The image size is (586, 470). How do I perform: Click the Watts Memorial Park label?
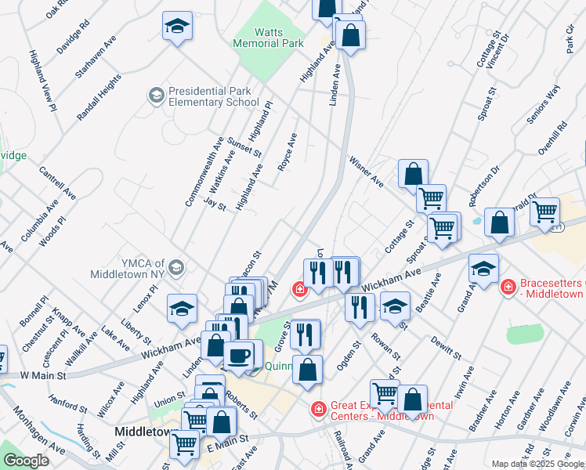(x=268, y=38)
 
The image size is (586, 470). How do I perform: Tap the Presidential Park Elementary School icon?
(x=156, y=96)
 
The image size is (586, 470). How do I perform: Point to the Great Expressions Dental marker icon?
(x=318, y=409)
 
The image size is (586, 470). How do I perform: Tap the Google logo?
(x=26, y=461)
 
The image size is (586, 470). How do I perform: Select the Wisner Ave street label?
(x=367, y=171)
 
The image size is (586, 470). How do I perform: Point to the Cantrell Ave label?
(x=57, y=182)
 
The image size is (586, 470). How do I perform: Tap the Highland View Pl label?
(x=43, y=81)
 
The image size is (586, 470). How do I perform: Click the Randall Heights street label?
(x=99, y=97)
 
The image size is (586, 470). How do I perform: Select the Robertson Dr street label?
(x=483, y=185)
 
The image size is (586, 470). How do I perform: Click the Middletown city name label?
(x=143, y=432)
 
